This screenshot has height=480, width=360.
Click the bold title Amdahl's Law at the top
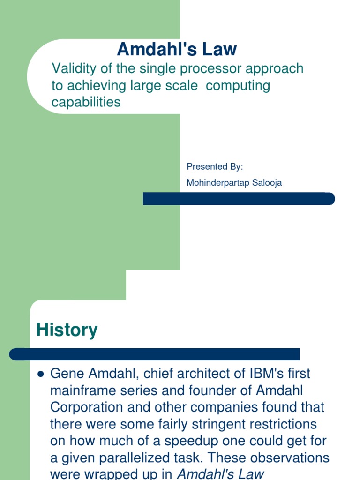click(177, 49)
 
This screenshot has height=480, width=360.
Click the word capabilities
click(86, 103)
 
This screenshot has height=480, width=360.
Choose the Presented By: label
click(215, 167)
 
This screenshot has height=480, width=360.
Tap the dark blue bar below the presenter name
click(239, 199)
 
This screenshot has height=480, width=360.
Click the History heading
click(67, 330)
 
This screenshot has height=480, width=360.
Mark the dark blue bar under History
click(155, 354)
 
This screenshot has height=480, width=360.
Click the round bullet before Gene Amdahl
click(40, 374)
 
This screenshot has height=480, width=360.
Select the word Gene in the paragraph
click(66, 374)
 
